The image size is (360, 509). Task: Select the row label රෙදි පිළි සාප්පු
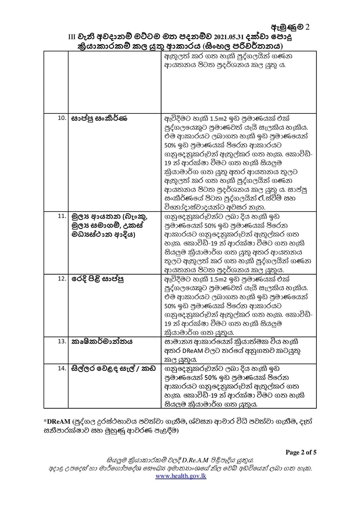coord(98,279)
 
